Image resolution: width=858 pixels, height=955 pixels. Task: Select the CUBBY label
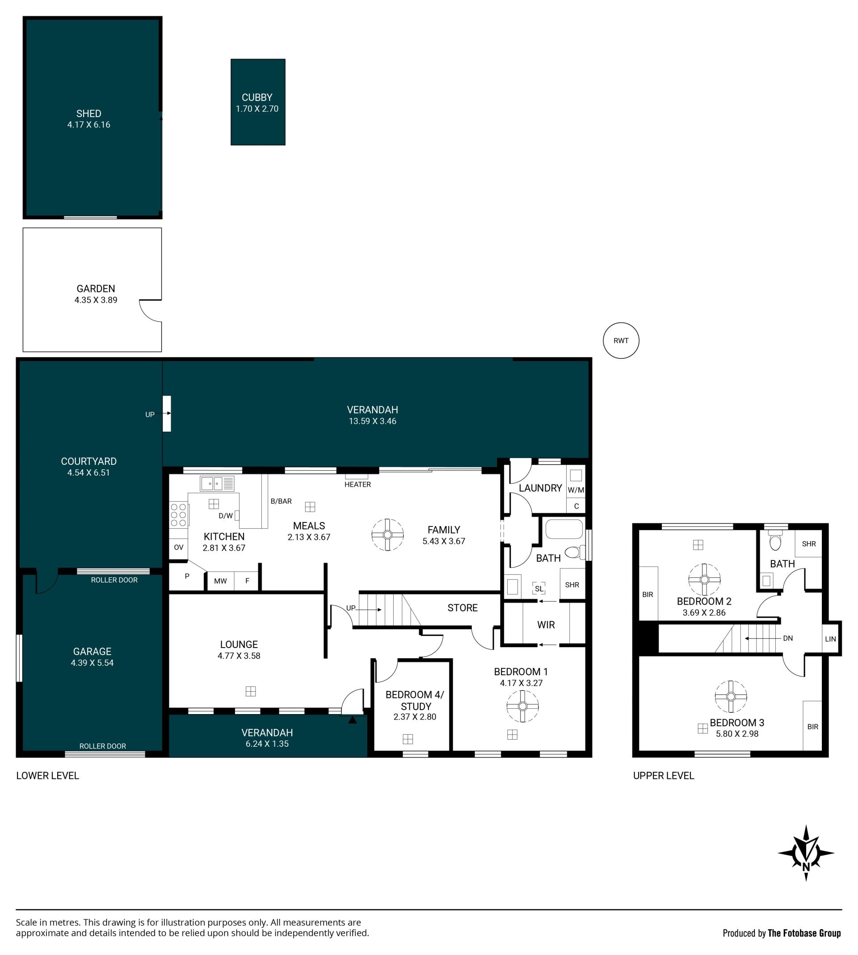click(x=257, y=97)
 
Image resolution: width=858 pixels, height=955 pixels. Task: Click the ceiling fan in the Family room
click(x=387, y=534)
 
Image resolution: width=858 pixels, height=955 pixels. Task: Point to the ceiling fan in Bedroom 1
click(x=522, y=706)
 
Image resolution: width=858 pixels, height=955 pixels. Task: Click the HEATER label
click(x=357, y=484)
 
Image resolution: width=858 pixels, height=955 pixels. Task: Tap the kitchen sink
click(x=217, y=484)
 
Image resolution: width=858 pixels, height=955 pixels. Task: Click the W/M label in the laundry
click(x=576, y=490)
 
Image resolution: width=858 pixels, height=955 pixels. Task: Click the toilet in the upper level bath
click(x=775, y=540)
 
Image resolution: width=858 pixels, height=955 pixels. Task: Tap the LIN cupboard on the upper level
click(x=831, y=639)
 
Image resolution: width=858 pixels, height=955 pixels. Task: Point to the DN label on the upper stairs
click(x=788, y=638)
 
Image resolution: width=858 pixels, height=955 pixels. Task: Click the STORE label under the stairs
click(x=463, y=608)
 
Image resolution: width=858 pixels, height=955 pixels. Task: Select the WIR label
click(x=546, y=625)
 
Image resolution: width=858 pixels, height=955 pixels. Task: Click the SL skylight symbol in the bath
click(x=539, y=588)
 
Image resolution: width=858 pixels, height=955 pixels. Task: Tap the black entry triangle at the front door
click(x=352, y=720)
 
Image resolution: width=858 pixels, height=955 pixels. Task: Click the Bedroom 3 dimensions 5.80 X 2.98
click(x=737, y=733)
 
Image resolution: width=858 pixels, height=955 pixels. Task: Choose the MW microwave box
click(x=220, y=581)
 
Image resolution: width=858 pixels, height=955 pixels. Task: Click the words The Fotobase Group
click(x=804, y=933)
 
